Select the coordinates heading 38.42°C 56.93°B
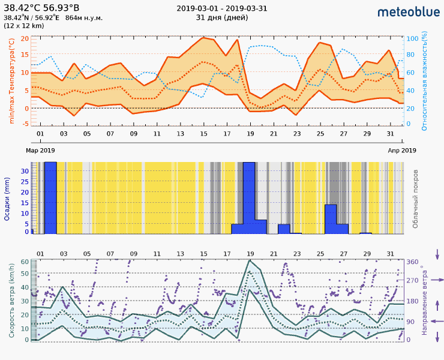coord(41,7)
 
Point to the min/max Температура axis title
coord(11,81)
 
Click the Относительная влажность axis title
coord(424,82)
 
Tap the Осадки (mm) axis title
coord(7,199)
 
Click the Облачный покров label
coord(415,199)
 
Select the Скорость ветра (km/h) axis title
coord(11,300)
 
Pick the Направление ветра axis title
coord(424,300)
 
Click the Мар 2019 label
coord(40,150)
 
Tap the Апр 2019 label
coord(401,150)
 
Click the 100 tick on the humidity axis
coord(412,38)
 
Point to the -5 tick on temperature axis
coord(25,124)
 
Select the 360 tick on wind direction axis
coord(412,262)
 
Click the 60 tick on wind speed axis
coord(25,262)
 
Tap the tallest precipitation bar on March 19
coord(248,198)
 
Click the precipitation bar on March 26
coord(331,219)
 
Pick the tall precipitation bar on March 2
coord(51,198)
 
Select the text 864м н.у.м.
coord(83,17)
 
